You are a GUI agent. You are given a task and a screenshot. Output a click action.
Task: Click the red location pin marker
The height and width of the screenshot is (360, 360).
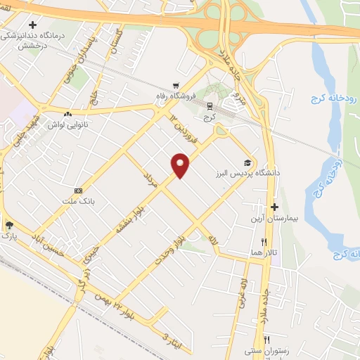(x=181, y=165)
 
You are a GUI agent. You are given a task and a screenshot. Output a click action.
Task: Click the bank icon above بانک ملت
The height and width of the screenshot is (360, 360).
(x=77, y=190)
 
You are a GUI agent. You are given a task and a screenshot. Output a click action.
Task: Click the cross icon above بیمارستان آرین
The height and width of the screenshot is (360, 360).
(x=275, y=207)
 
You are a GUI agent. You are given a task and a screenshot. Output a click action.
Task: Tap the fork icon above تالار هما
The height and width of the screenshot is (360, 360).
(x=264, y=242)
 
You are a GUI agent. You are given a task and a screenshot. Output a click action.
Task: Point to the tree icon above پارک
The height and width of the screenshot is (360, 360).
(x=9, y=225)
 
